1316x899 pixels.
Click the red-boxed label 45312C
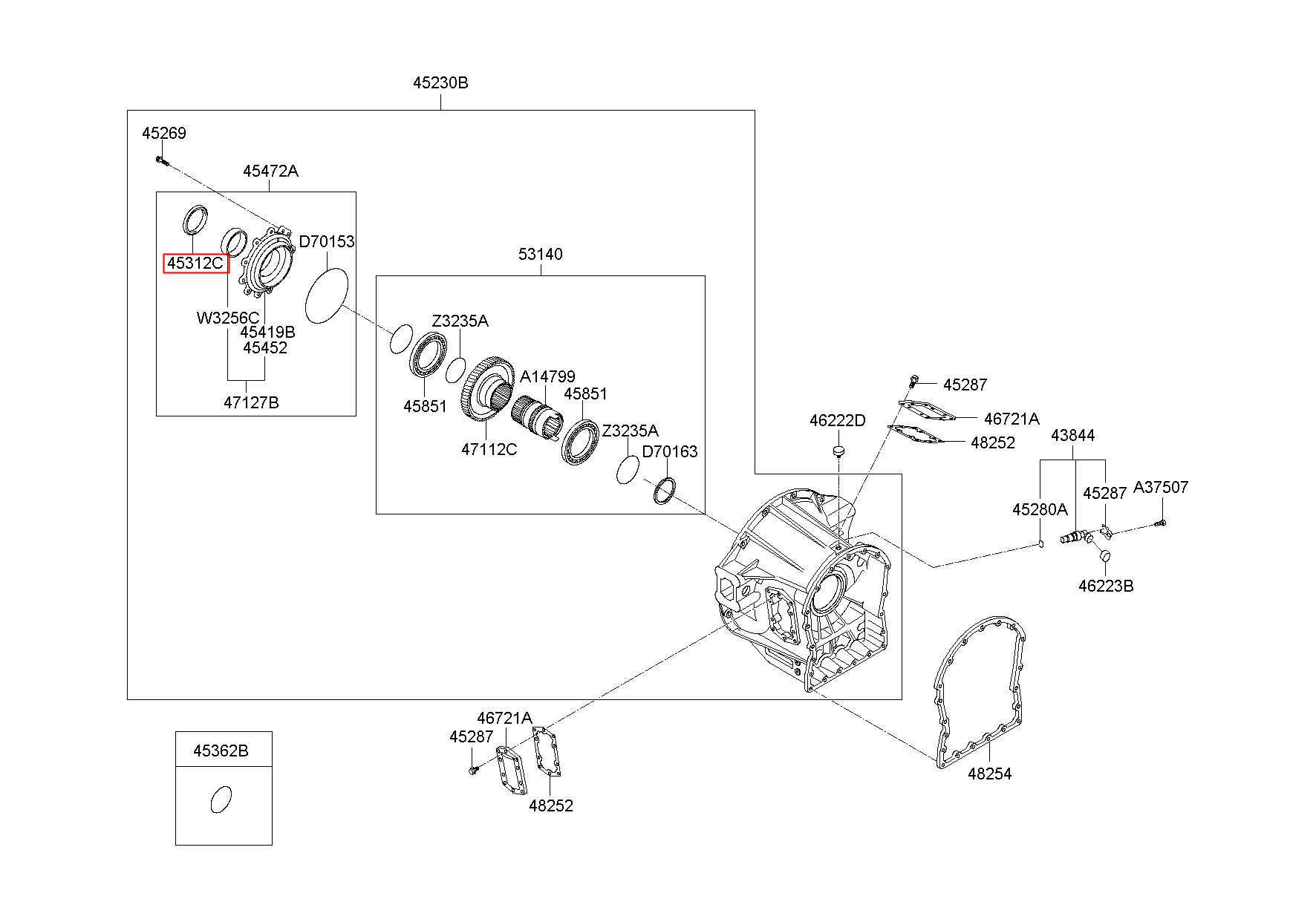coord(195,263)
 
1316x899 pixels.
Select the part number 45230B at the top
coord(440,82)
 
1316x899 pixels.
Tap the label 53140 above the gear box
coord(540,254)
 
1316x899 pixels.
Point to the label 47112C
coord(489,449)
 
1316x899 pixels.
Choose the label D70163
coord(669,451)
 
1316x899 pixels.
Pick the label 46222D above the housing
coord(837,421)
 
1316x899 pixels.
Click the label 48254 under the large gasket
coord(989,774)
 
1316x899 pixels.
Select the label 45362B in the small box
coord(221,751)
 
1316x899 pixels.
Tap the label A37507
coord(1160,488)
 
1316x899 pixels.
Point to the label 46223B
coord(1106,586)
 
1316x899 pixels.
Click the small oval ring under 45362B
coord(221,799)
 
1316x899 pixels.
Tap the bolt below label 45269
coord(163,160)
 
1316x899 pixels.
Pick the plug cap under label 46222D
coord(838,452)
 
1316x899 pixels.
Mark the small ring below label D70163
coord(665,491)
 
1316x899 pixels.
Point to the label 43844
coord(1072,435)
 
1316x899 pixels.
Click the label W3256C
coord(227,318)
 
